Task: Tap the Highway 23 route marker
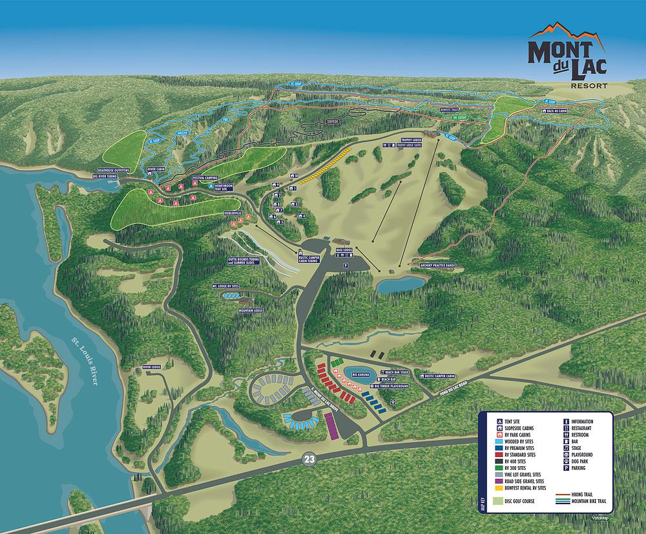(x=309, y=460)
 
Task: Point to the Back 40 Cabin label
(x=556, y=111)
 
